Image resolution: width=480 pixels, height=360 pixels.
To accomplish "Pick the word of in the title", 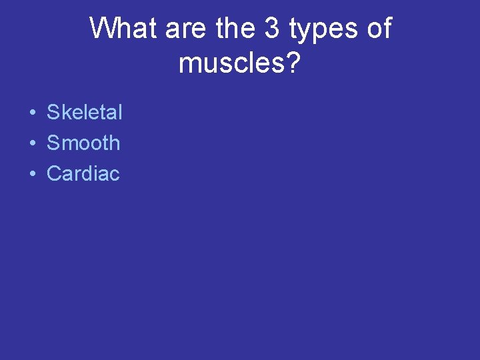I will [377, 29].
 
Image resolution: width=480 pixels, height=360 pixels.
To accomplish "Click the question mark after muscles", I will [293, 63].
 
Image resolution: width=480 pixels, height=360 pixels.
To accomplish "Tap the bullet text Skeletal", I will [85, 113].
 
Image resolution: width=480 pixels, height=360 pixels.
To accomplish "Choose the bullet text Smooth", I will [83, 143].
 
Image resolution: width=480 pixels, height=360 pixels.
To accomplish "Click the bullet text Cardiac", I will [83, 174].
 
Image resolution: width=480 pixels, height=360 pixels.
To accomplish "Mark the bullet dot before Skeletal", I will [32, 113].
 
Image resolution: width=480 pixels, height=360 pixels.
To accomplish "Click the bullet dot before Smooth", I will [32, 144].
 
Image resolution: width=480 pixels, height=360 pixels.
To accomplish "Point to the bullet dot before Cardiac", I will [32, 175].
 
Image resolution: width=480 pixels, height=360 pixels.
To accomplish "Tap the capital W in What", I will [102, 29].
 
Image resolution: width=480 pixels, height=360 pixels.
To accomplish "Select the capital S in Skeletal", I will [53, 113].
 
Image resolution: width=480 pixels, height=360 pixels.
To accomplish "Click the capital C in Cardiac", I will [53, 174].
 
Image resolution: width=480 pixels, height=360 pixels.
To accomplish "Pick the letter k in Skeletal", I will [65, 113].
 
